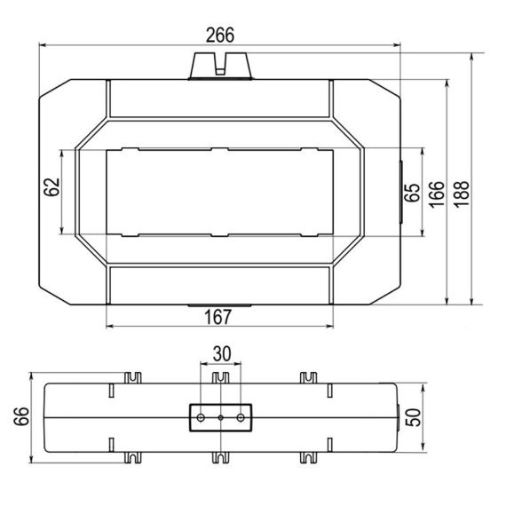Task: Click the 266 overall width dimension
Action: coord(219,36)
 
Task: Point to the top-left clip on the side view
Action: coord(133,377)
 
